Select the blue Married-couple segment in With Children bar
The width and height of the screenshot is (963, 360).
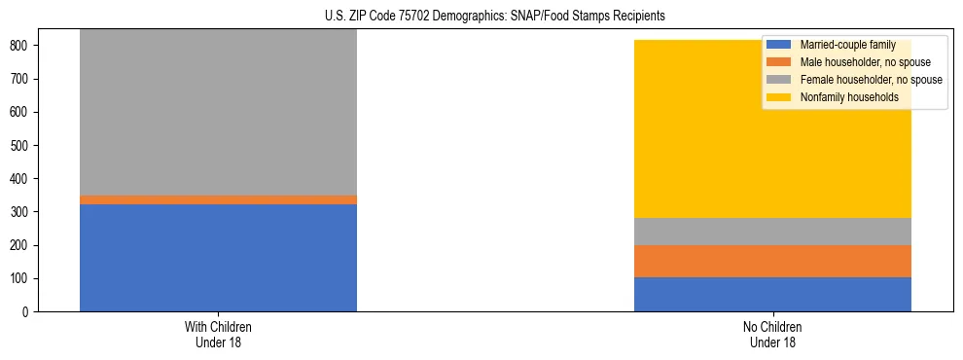(218, 258)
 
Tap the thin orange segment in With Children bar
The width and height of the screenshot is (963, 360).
(218, 199)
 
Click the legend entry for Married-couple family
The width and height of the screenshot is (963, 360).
(846, 45)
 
